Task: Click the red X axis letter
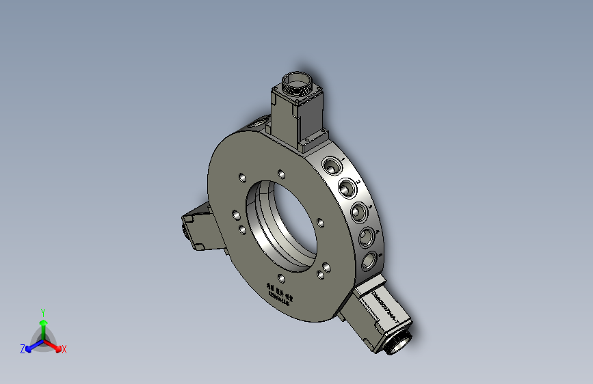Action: tap(64, 349)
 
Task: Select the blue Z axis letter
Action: tap(23, 348)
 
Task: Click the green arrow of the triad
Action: tap(43, 325)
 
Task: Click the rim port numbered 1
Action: tap(332, 165)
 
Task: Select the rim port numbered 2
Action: tap(347, 187)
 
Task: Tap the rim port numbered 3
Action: tap(360, 212)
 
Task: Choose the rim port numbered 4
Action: tap(367, 237)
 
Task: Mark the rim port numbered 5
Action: tap(369, 260)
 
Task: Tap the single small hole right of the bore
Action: tap(320, 221)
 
